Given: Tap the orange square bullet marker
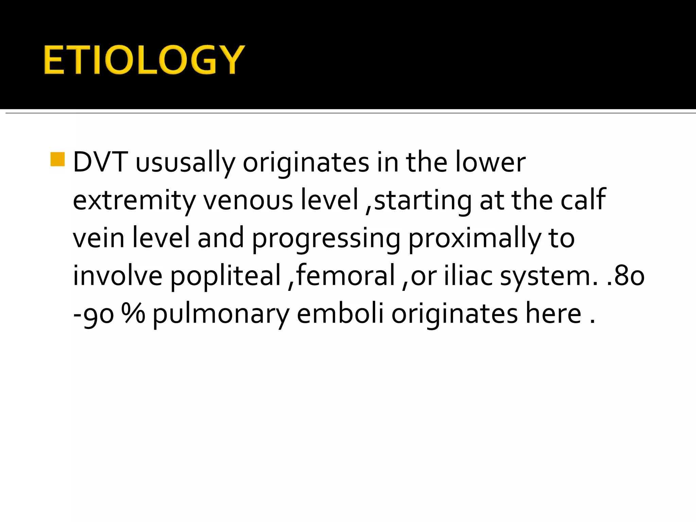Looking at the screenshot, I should point(57,159).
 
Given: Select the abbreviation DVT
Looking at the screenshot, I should point(100,162).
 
